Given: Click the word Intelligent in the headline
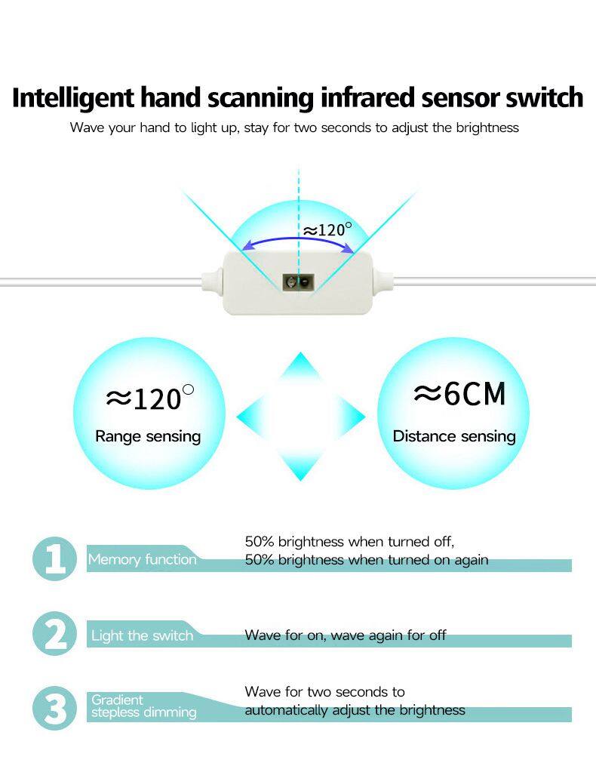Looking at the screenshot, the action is (72, 98).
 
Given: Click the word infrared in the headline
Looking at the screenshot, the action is (367, 97).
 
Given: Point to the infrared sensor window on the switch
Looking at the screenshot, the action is (298, 282).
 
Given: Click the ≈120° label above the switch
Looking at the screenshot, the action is (327, 229).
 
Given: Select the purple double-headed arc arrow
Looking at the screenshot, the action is (298, 239).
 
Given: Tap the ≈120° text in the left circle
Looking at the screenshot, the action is (149, 398).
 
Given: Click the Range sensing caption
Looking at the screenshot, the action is (148, 436).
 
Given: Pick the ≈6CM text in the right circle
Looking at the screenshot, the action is (459, 394).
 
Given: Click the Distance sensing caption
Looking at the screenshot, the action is (454, 436).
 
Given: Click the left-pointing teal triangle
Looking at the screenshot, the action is (251, 417).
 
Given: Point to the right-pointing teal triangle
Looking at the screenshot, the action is (351, 417).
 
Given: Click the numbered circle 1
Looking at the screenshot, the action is (55, 559).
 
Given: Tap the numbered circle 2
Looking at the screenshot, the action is (55, 634).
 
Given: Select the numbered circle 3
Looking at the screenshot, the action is (55, 709).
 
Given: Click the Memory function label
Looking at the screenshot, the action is (142, 559).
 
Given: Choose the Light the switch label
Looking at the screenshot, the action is (142, 635).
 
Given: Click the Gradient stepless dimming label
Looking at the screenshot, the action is (143, 706).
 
